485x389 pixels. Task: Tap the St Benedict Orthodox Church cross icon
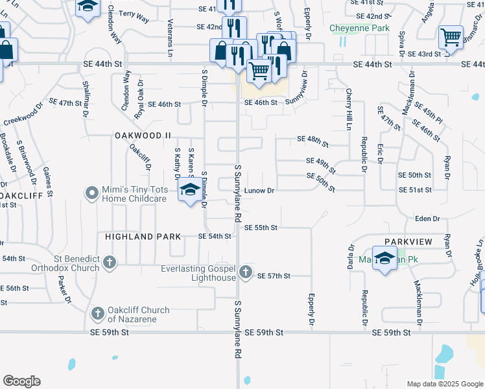110,263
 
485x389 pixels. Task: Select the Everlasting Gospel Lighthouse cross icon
245,273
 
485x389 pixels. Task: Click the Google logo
21,381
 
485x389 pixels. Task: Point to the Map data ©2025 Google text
444,384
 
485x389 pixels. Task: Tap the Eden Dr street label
427,220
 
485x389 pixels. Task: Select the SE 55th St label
261,228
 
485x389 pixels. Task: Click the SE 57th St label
274,276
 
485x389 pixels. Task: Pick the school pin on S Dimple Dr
189,190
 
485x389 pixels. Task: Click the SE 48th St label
313,139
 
